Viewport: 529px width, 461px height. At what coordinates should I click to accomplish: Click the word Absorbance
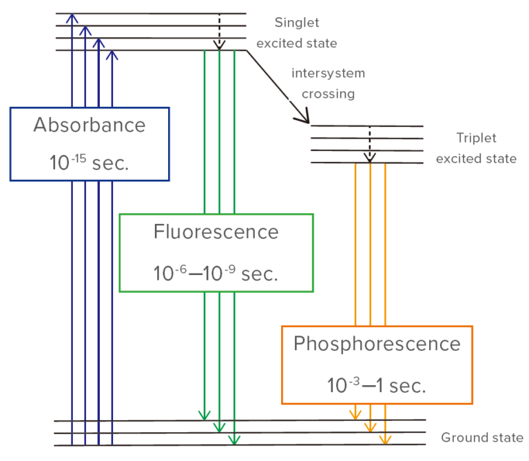click(90, 125)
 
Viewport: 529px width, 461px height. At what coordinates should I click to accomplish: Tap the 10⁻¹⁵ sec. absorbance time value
click(90, 163)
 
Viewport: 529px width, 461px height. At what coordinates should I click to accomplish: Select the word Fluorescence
click(216, 232)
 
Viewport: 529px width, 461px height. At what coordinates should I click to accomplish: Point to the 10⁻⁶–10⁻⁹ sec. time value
click(216, 273)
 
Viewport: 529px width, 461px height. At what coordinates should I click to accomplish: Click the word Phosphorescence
click(377, 343)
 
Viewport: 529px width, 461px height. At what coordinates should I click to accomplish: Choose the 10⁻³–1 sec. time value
click(377, 385)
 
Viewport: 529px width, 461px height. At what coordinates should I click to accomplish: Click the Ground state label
click(481, 438)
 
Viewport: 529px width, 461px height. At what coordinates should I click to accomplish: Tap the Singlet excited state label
click(296, 33)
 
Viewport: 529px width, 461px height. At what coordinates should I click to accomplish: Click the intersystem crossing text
click(328, 83)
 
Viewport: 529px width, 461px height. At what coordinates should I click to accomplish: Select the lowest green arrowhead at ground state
click(234, 440)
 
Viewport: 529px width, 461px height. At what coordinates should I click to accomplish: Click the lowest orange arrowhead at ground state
click(384, 440)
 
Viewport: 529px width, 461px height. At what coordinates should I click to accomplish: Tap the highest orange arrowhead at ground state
click(355, 415)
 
